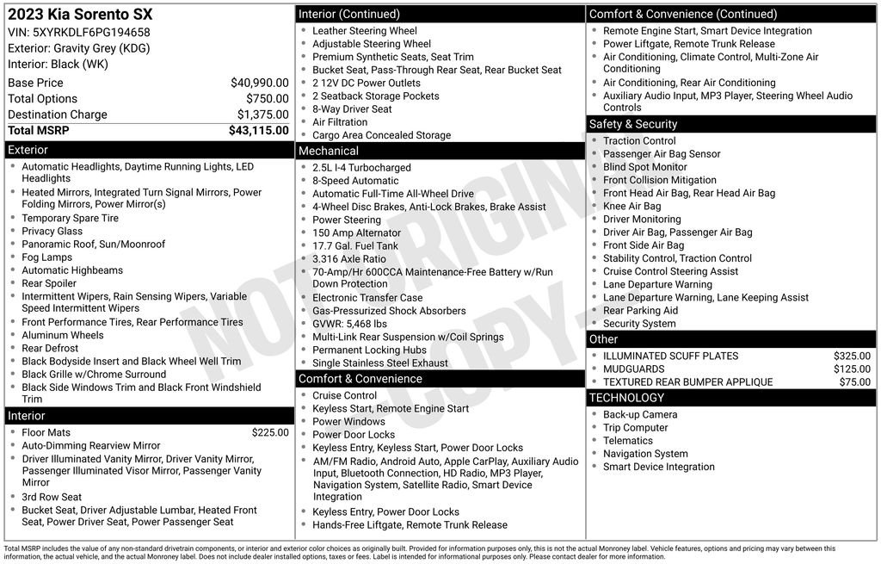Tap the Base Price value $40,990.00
click(259, 83)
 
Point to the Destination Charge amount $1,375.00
click(262, 115)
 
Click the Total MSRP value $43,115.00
click(258, 131)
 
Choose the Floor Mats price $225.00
click(270, 432)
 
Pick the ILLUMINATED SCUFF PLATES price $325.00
click(852, 356)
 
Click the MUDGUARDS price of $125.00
click(852, 369)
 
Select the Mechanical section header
click(328, 151)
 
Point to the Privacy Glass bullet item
click(52, 231)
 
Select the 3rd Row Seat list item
click(52, 497)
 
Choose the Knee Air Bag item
click(631, 206)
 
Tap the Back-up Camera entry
click(640, 414)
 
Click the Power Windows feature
click(348, 422)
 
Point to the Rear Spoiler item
click(49, 283)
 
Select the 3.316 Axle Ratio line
click(349, 258)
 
